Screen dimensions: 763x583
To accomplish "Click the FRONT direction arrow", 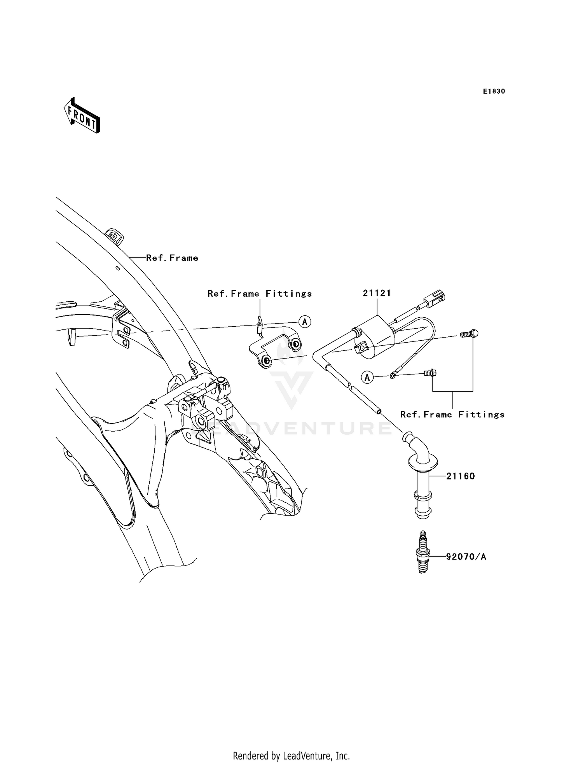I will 82,116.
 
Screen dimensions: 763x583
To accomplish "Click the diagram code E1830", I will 494,91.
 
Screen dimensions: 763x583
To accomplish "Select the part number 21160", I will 461,476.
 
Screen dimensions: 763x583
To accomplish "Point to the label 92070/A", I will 466,557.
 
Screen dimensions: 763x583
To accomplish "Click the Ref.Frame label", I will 172,258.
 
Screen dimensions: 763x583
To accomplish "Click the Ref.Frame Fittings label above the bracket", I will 260,294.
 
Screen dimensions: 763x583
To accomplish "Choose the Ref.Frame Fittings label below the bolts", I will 452,415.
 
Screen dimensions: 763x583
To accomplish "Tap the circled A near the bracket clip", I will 305,322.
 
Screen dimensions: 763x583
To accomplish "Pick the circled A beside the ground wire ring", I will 367,377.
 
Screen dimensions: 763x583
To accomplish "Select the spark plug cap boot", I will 422,478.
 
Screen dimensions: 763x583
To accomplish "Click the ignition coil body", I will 375,338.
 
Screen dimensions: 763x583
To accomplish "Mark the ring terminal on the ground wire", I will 393,376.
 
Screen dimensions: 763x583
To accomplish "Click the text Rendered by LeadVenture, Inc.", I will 291,756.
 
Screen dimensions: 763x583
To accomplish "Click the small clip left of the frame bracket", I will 72,336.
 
